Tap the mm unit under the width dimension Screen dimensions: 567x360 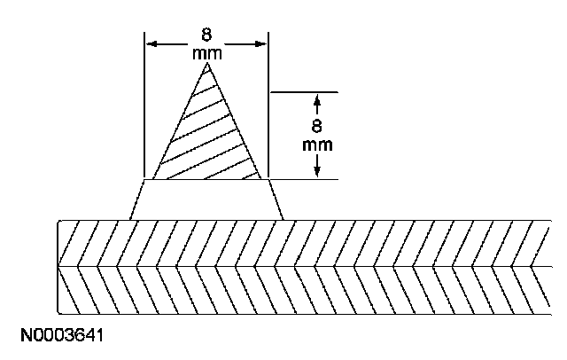click(x=206, y=54)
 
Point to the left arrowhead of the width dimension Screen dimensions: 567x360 click(x=151, y=43)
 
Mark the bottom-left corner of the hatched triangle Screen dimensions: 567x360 click(x=153, y=179)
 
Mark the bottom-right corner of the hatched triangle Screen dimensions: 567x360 click(x=261, y=179)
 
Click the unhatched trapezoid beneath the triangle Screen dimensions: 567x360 click(x=206, y=200)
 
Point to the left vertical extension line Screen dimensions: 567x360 click(x=144, y=106)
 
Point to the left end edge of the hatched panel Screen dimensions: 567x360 click(x=58, y=266)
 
